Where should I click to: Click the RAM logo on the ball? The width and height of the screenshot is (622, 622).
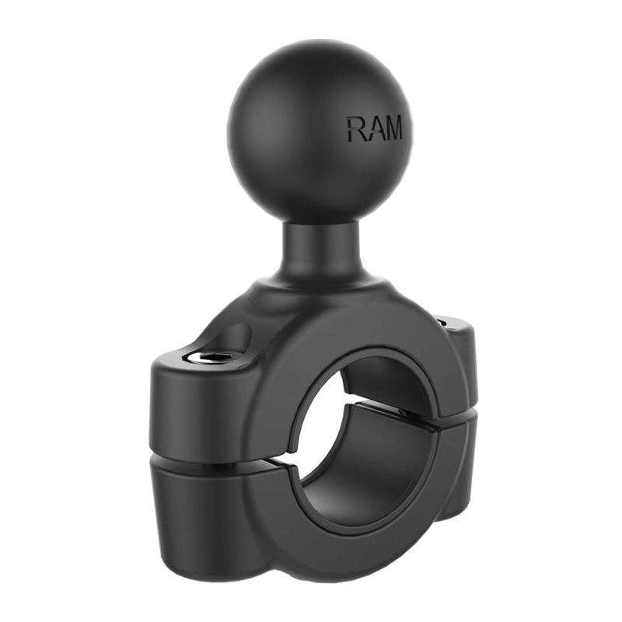pos(375,128)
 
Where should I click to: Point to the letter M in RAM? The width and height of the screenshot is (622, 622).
pos(393,129)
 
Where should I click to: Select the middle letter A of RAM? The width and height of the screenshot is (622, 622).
pos(375,129)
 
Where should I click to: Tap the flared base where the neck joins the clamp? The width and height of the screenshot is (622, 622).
pos(311,292)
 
